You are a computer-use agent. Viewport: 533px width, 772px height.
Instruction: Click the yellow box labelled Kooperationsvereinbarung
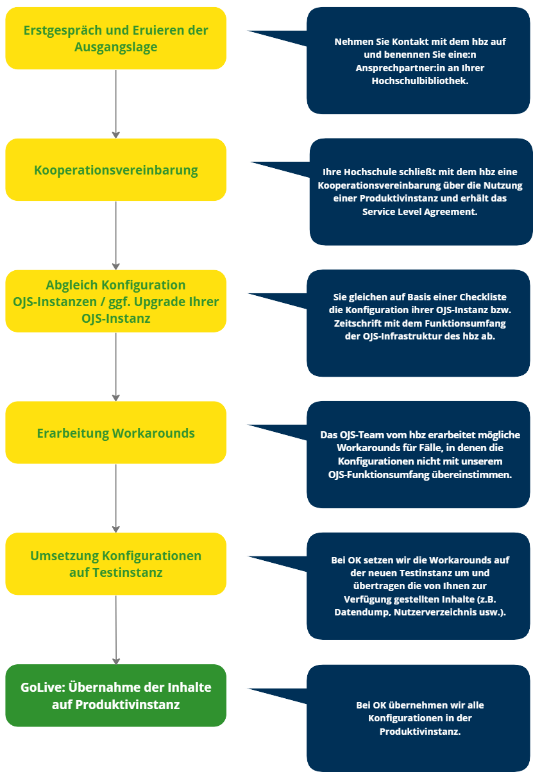click(115, 170)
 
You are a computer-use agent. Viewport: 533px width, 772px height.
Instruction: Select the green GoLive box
click(115, 696)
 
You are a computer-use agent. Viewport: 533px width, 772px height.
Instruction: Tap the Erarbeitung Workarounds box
click(115, 433)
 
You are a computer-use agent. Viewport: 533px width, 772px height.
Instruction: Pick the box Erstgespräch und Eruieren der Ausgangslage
click(115, 39)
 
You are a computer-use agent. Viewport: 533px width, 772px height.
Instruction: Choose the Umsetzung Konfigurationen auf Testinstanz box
click(115, 563)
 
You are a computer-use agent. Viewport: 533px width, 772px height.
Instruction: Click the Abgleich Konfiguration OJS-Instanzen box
click(115, 301)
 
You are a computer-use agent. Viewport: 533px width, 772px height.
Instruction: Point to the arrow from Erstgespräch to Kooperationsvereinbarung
click(115, 103)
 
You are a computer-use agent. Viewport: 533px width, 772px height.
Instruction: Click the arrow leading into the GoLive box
click(115, 630)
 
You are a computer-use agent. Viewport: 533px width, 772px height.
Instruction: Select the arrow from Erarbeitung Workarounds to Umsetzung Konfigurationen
click(115, 498)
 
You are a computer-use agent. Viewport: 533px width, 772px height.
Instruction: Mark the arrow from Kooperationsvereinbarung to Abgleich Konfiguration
click(115, 235)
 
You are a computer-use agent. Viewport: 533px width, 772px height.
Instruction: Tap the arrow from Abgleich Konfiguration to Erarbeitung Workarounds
click(115, 366)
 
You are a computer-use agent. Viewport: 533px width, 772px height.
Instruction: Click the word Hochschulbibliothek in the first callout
click(420, 81)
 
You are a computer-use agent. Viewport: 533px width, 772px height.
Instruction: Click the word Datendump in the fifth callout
click(357, 612)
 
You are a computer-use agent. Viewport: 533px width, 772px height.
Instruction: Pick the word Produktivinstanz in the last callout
click(420, 732)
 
